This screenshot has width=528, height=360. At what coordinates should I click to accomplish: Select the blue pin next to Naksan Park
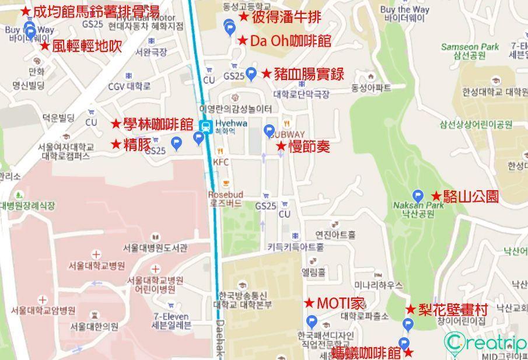pos(418,195)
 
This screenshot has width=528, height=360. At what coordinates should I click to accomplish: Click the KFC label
pos(221,162)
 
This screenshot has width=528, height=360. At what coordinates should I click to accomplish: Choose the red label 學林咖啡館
pos(152,124)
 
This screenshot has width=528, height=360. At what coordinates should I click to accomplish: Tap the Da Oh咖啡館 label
pos(284,41)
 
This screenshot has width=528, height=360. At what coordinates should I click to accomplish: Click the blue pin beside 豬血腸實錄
pos(251,74)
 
